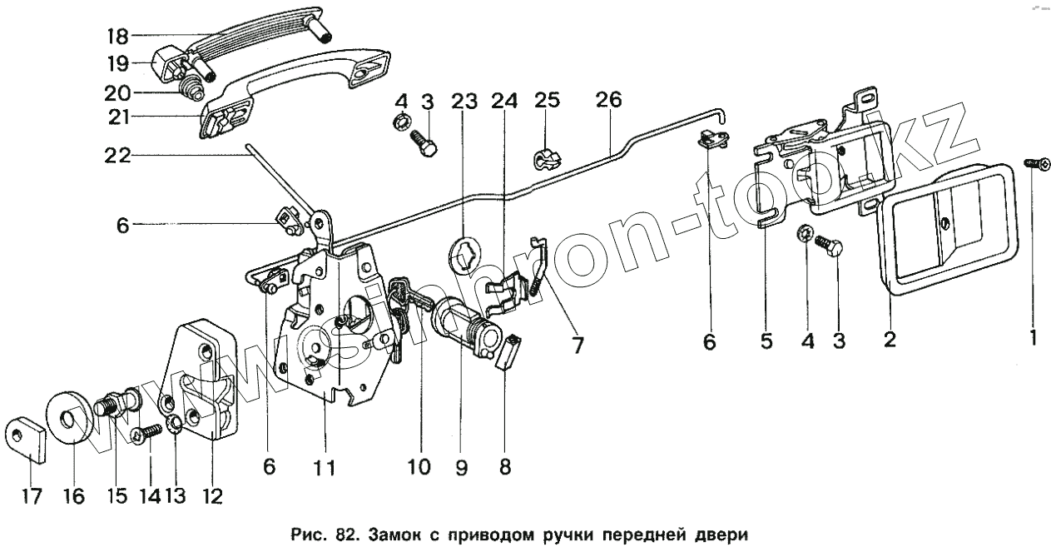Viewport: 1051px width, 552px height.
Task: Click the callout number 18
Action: [117, 36]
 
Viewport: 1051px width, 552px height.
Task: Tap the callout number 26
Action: [608, 101]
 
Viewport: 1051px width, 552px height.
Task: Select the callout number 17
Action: [30, 496]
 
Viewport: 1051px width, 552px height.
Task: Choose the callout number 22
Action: [118, 155]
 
